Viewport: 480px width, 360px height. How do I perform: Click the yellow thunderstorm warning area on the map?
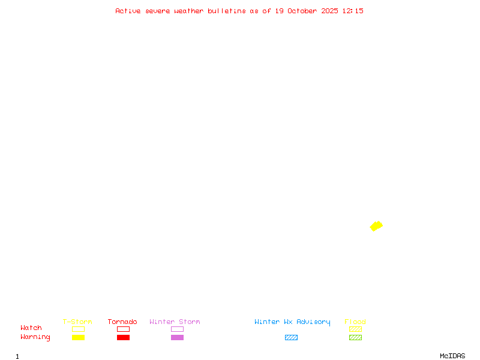[x=376, y=226]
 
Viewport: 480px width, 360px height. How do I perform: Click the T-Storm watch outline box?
[x=78, y=329]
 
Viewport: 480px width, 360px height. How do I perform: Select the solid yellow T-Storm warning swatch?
[x=78, y=338]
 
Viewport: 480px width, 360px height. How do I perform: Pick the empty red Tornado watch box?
[x=123, y=329]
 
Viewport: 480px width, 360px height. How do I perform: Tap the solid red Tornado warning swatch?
[x=123, y=338]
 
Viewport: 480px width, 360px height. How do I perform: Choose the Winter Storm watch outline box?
[x=177, y=329]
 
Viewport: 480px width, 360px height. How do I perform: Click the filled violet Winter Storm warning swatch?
[x=177, y=338]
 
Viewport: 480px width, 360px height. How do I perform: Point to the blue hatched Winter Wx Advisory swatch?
[x=291, y=338]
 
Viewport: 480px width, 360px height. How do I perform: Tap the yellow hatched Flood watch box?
[x=355, y=329]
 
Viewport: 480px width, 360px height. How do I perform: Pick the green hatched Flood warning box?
[x=355, y=338]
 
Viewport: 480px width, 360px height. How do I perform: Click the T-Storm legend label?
[x=77, y=322]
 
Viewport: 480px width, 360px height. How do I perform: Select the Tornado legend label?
[x=122, y=322]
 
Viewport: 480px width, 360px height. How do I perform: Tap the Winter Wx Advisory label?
[x=292, y=322]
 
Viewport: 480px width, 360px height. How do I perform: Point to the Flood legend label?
[x=355, y=322]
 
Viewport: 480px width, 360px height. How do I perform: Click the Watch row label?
[x=31, y=328]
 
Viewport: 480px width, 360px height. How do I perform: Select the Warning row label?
[x=35, y=337]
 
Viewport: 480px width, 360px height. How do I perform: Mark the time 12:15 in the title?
[x=353, y=11]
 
